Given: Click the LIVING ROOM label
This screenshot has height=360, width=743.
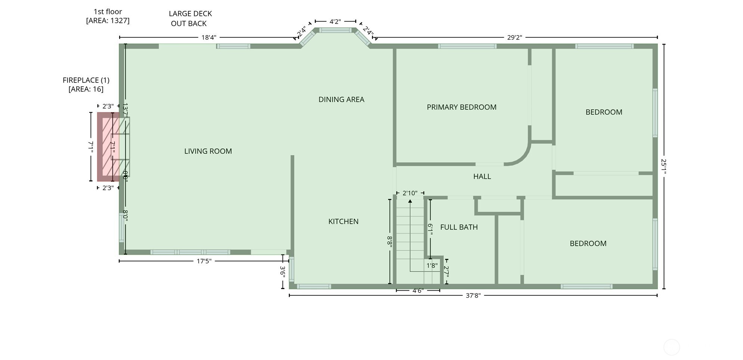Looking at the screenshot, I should [208, 151].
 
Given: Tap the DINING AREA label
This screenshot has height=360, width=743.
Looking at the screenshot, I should [341, 99].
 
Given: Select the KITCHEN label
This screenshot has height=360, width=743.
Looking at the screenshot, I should [343, 221].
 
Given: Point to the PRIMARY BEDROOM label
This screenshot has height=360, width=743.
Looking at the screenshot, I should [461, 107].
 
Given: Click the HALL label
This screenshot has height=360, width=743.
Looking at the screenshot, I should [482, 177].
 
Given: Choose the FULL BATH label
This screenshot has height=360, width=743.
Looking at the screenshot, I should [459, 227].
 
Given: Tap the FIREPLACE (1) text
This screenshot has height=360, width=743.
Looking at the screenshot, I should [86, 80].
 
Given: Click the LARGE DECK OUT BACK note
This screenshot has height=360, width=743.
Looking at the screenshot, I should [190, 18].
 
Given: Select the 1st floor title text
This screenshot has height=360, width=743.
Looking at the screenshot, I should [108, 12].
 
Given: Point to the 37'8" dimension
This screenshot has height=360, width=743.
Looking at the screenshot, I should [473, 296].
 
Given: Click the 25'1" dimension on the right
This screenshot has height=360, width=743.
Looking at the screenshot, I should [663, 167].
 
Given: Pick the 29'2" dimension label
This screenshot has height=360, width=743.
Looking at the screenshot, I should [514, 37].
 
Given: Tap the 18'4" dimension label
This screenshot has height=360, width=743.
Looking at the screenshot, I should [209, 37].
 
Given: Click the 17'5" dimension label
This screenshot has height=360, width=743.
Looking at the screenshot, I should [204, 261].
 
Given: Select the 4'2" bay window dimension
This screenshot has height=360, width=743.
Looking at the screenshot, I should [335, 22].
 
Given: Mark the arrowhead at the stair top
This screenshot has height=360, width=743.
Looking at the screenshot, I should [410, 201].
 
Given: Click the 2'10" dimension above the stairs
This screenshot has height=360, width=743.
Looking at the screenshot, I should [410, 193].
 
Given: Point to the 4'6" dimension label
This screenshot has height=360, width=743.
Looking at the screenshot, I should [418, 291].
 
